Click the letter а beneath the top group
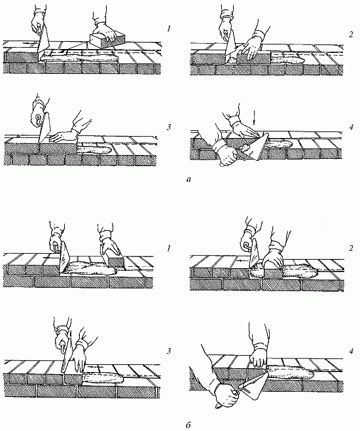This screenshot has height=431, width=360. (x=189, y=180)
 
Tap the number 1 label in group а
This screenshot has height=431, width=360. (x=169, y=28)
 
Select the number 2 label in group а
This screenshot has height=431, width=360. (x=350, y=35)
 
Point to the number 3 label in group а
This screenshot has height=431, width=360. (x=169, y=128)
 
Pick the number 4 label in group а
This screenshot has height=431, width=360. (x=351, y=128)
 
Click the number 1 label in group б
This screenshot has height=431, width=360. (x=169, y=249)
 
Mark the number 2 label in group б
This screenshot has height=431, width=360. (x=351, y=249)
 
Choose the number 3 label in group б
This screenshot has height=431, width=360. (x=169, y=351)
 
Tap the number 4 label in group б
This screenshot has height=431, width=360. (x=351, y=351)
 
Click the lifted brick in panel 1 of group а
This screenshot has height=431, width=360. (x=107, y=39)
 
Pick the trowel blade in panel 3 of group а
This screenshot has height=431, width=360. (x=45, y=129)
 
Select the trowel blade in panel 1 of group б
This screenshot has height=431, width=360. (x=65, y=258)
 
